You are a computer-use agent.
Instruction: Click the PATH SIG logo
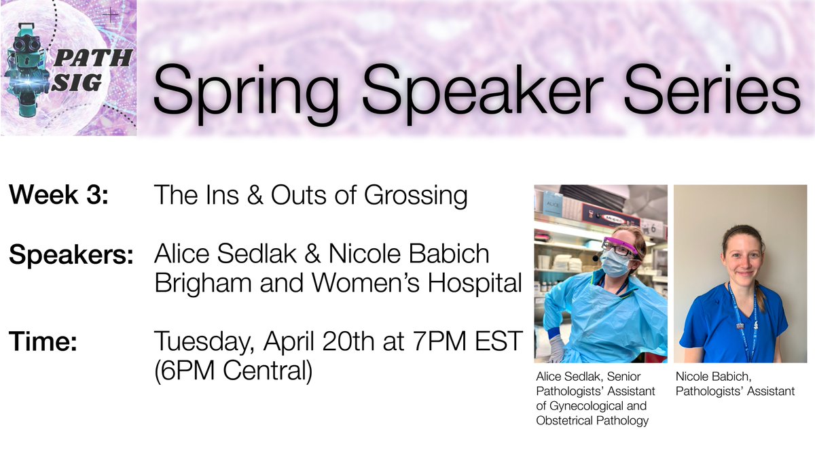pyautogui.click(x=68, y=68)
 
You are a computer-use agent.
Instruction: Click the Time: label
pyautogui.click(x=41, y=342)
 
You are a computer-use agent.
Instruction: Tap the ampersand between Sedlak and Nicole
pyautogui.click(x=314, y=255)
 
